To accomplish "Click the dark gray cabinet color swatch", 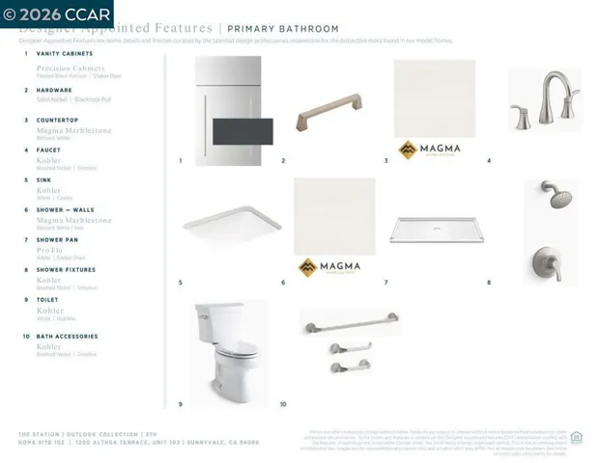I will coord(243,131).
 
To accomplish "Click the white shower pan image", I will coord(436,230).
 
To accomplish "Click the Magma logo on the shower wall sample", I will coord(329,267).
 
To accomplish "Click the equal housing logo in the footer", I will coord(577,437).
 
